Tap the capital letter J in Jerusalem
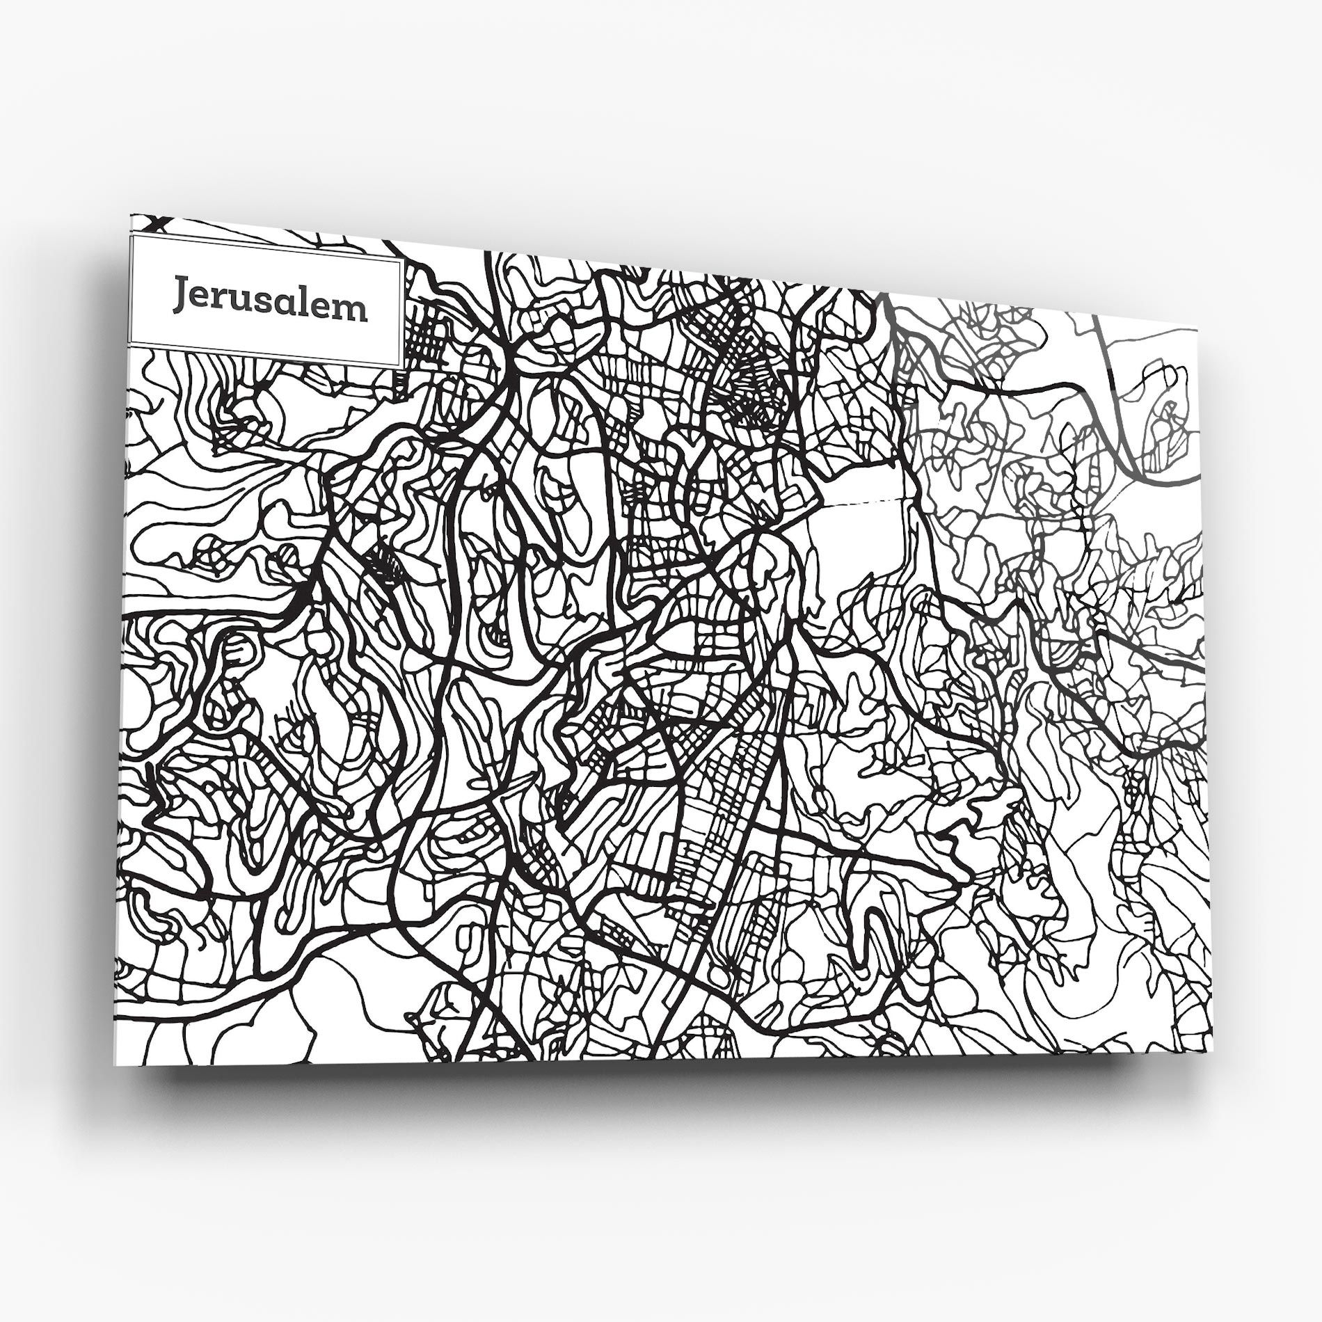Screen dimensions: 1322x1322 point(182,296)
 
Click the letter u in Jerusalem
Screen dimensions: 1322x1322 point(239,303)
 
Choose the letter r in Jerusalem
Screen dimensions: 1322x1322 point(218,301)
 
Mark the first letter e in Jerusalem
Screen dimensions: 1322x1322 point(200,299)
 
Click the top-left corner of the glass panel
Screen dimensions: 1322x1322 point(132,216)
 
